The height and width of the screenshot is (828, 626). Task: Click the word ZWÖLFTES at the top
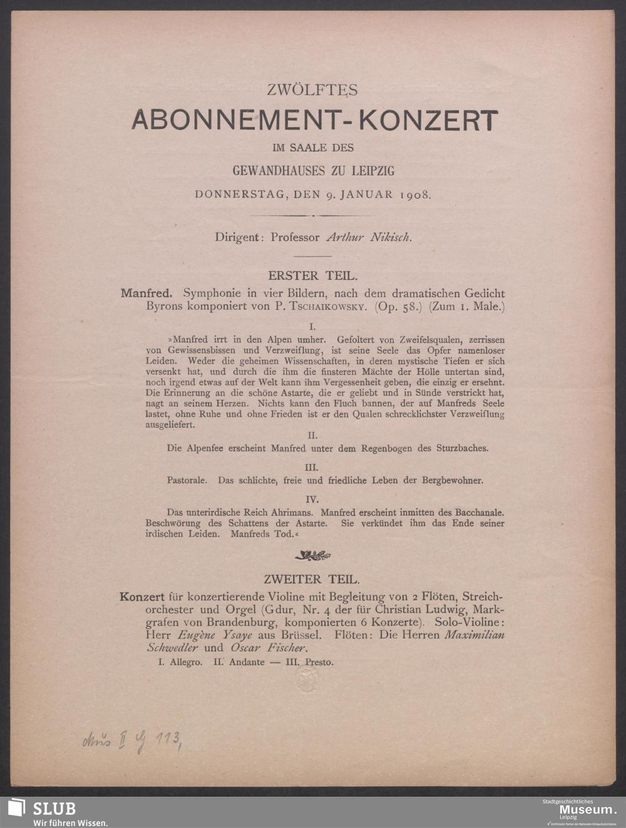312,90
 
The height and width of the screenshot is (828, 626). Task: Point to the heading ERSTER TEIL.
312,275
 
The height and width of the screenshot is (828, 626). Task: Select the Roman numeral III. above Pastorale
312,468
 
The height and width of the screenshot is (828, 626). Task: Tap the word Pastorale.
189,481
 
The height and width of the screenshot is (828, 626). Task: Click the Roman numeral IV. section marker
312,499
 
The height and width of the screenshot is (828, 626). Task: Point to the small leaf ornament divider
312,555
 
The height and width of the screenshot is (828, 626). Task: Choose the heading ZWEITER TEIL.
312,580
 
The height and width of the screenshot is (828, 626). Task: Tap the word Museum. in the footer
576,811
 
